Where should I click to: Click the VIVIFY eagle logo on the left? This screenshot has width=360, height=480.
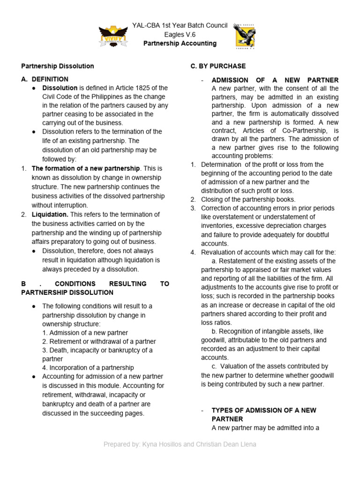pyautogui.click(x=113, y=36)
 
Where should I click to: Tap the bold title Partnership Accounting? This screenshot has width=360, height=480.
pyautogui.click(x=180, y=44)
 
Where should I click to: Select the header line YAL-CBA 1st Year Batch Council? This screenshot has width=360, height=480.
pyautogui.click(x=180, y=25)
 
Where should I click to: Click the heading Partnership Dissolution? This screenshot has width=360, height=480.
pyautogui.click(x=58, y=66)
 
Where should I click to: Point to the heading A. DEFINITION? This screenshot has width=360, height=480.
pyautogui.click(x=45, y=79)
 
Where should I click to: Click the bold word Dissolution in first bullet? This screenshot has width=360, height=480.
pyautogui.click(x=60, y=88)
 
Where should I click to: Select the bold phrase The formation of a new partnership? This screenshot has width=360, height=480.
pyautogui.click(x=85, y=168)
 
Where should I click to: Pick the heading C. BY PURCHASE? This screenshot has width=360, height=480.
pyautogui.click(x=218, y=66)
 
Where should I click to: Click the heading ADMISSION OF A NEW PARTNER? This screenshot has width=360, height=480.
pyautogui.click(x=275, y=80)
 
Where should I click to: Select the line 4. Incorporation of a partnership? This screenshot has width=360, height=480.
pyautogui.click(x=88, y=367)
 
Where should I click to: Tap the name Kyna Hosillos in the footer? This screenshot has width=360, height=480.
pyautogui.click(x=160, y=444)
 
